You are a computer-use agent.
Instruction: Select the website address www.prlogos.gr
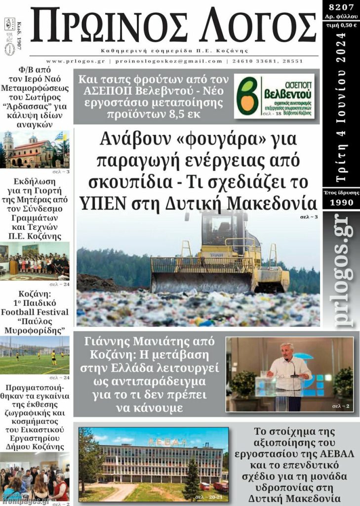point(77,61)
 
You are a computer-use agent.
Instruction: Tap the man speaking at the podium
point(289,373)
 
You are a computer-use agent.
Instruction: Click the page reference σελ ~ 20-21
point(213,496)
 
